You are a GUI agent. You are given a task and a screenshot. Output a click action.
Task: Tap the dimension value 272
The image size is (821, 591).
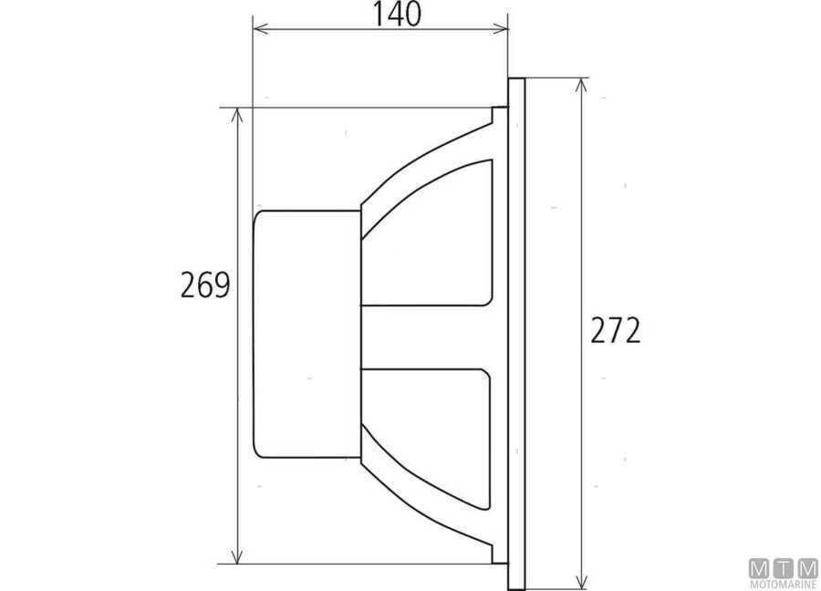tap(615, 330)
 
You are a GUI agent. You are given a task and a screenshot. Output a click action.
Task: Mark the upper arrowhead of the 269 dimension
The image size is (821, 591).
tap(238, 113)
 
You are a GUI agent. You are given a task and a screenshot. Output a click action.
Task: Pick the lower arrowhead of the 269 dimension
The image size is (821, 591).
tap(238, 558)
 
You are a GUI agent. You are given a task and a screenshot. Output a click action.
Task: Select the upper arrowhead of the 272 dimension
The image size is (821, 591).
tap(580, 84)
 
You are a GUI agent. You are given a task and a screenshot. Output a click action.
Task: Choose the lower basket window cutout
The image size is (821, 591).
tap(429, 429)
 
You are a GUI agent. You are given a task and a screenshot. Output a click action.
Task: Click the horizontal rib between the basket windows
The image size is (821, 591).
tap(429, 336)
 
